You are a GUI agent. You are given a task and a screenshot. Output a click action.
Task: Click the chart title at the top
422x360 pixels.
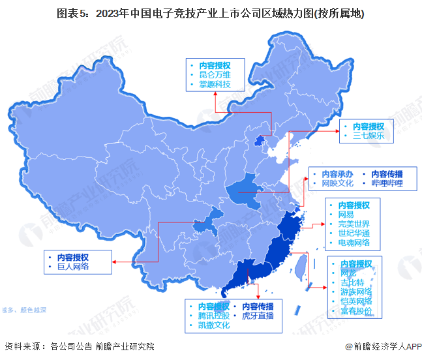pos(211,14)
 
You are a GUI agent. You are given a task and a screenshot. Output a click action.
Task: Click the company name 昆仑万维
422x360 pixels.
pos(215,75)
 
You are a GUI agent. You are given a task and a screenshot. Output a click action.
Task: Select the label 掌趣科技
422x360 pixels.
pos(215,85)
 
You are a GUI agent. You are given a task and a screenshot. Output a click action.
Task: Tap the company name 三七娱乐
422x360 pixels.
pos(369,136)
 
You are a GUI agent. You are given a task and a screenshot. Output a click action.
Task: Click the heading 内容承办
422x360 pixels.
pos(337,174)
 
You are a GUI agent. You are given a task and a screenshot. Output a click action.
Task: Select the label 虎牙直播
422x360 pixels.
pos(258,316)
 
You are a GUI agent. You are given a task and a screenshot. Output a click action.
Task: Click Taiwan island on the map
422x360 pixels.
pos(302,268)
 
